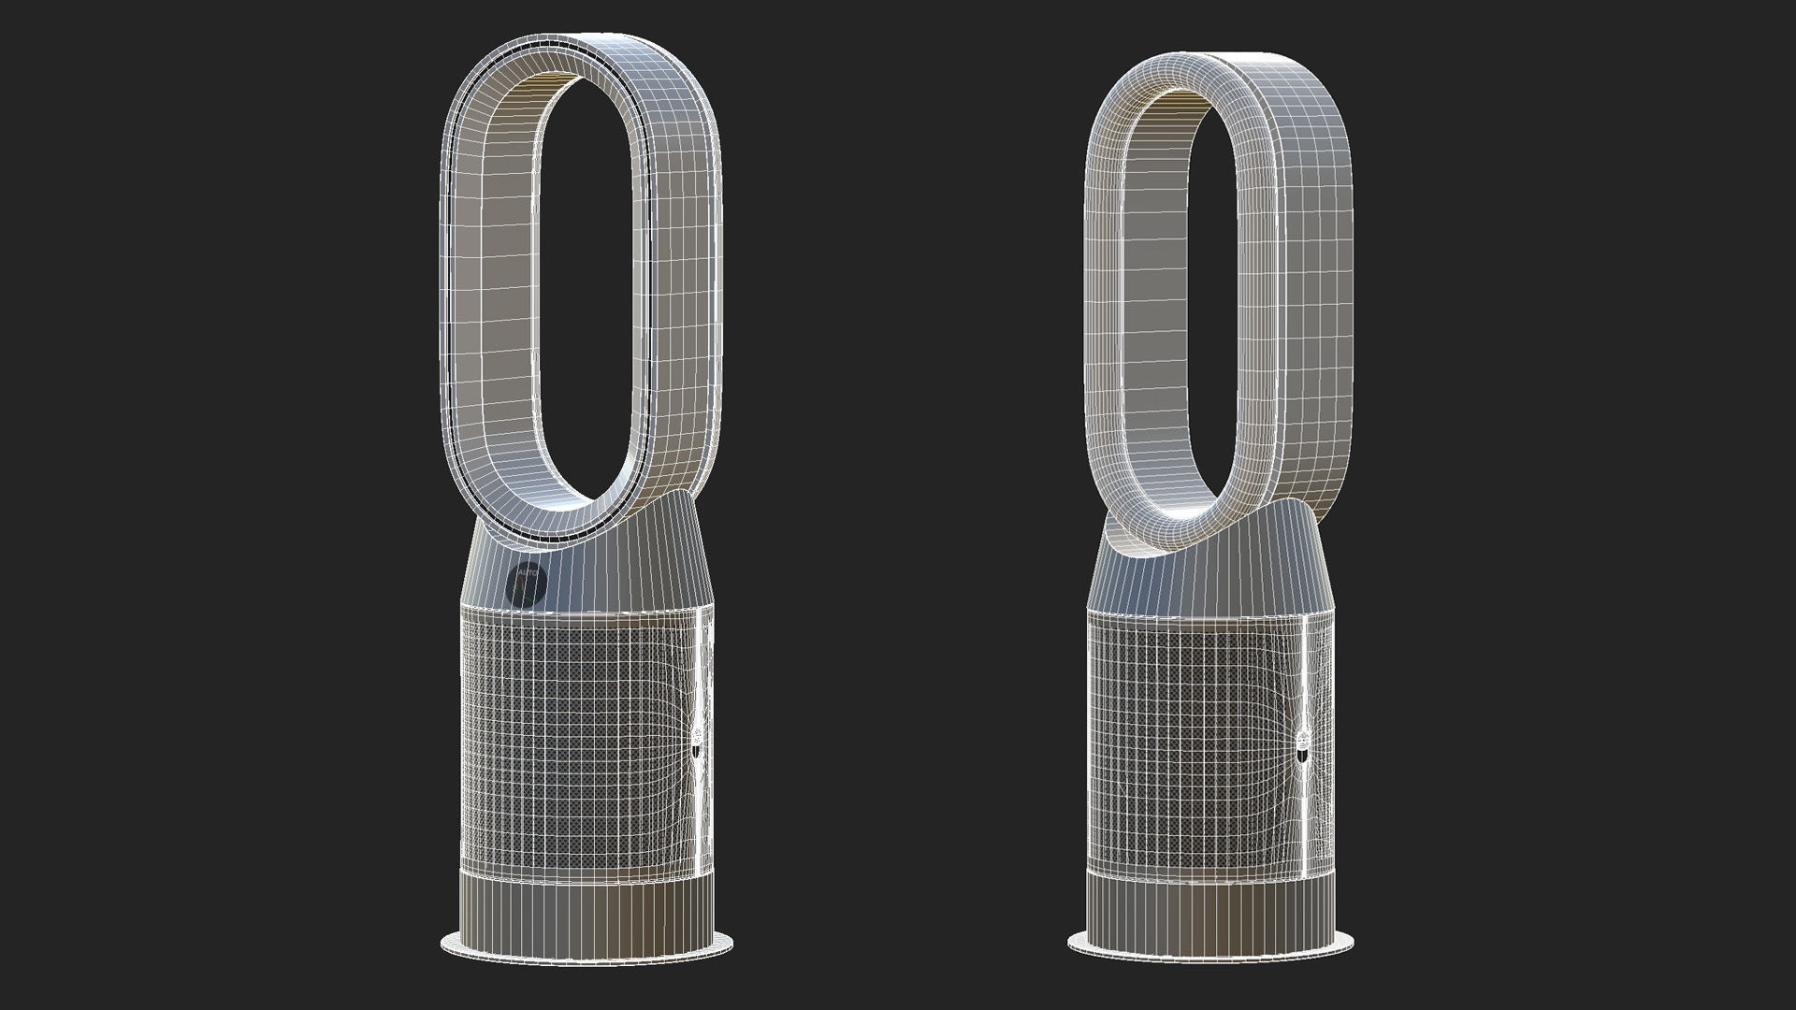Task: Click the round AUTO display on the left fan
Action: click(527, 584)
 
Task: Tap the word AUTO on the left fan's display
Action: click(527, 570)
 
